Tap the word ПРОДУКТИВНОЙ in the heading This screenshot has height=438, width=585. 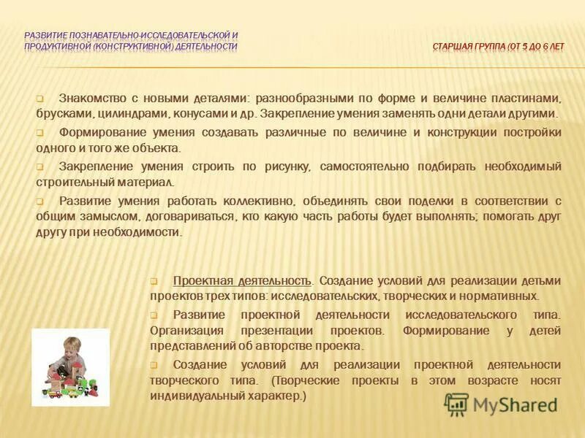(x=56, y=47)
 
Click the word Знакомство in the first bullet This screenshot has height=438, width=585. (x=90, y=98)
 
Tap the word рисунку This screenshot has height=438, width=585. (x=289, y=166)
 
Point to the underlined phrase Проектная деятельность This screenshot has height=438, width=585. (x=242, y=280)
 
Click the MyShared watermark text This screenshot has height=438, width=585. (x=515, y=404)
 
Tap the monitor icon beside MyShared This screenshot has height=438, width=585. (x=457, y=404)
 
